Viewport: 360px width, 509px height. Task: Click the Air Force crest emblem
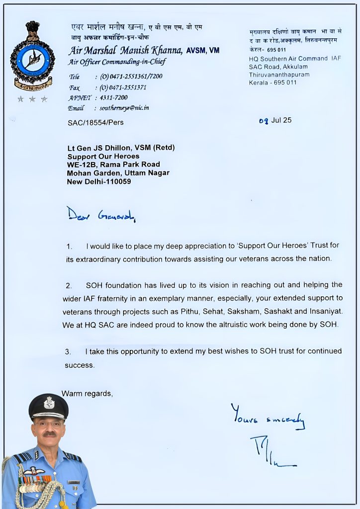pos(32,56)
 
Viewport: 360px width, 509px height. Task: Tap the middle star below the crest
pos(32,99)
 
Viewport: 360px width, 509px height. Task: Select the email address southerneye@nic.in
pos(122,108)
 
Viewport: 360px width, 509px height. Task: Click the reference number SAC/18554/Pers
pos(95,122)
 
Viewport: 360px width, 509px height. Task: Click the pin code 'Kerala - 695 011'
pos(273,83)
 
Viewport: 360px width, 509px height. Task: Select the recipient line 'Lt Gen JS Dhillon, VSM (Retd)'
pos(121,148)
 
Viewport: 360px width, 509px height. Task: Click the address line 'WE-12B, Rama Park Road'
pos(113,165)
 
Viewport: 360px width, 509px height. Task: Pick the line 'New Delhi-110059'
pos(99,181)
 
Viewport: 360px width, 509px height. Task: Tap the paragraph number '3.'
pos(68,351)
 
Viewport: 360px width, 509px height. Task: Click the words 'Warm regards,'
pos(88,394)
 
